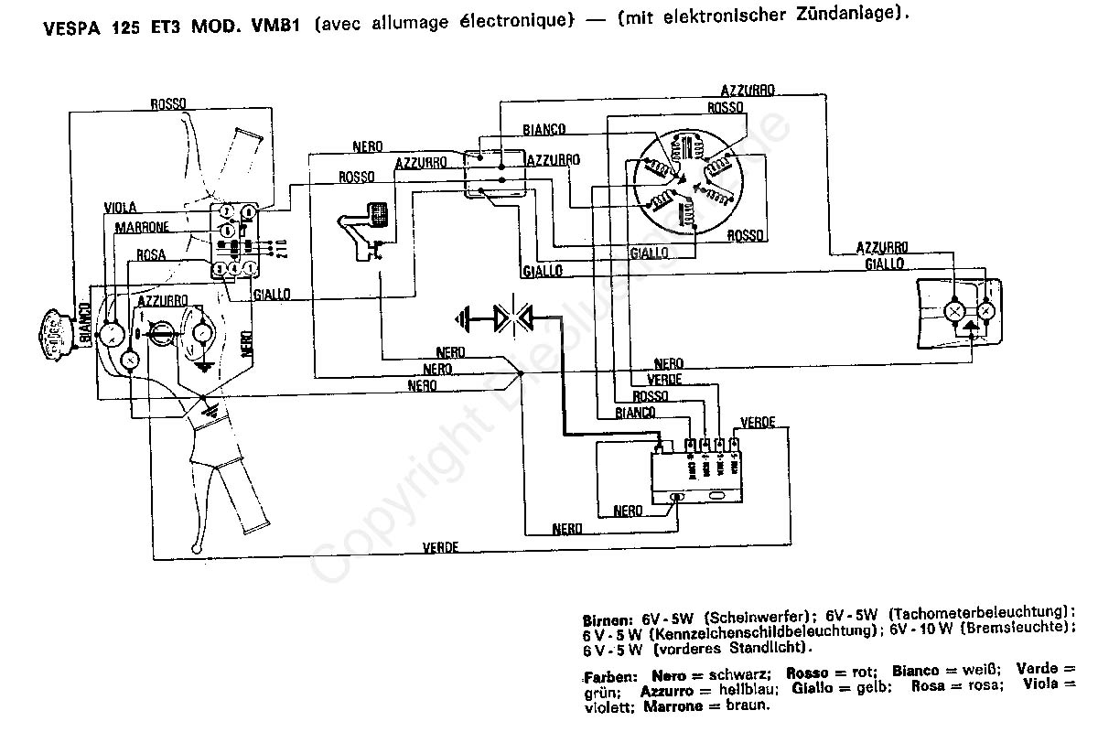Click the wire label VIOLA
[x=121, y=208]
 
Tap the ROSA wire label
[x=150, y=255]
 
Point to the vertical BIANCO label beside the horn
[x=86, y=326]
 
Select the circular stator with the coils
[x=683, y=180]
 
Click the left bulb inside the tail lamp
[x=955, y=312]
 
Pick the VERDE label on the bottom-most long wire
[x=440, y=547]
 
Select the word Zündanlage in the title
[x=850, y=16]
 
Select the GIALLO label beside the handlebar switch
[x=271, y=294]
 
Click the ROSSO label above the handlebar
[x=170, y=105]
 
